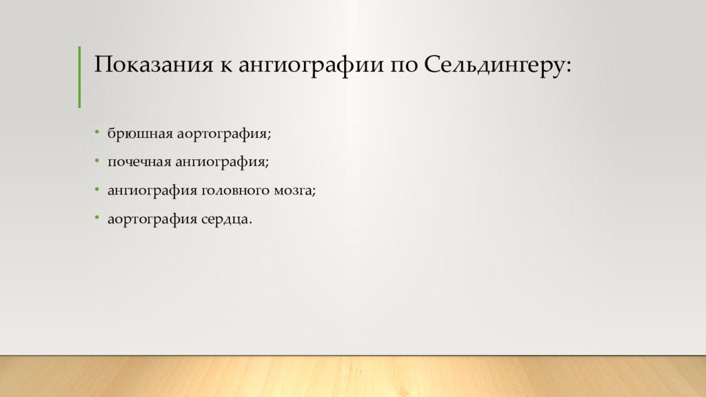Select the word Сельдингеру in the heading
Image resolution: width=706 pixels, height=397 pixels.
pyautogui.click(x=492, y=68)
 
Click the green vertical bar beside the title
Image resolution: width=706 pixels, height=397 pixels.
pyautogui.click(x=79, y=77)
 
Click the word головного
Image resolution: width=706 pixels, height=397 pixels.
pyautogui.click(x=232, y=191)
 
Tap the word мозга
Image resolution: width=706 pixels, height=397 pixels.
pyautogui.click(x=294, y=191)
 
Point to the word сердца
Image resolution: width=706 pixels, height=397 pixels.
pyautogui.click(x=226, y=220)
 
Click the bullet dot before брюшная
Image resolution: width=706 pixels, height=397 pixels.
pyautogui.click(x=97, y=131)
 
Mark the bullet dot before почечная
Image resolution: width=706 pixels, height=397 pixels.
pyautogui.click(x=97, y=160)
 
